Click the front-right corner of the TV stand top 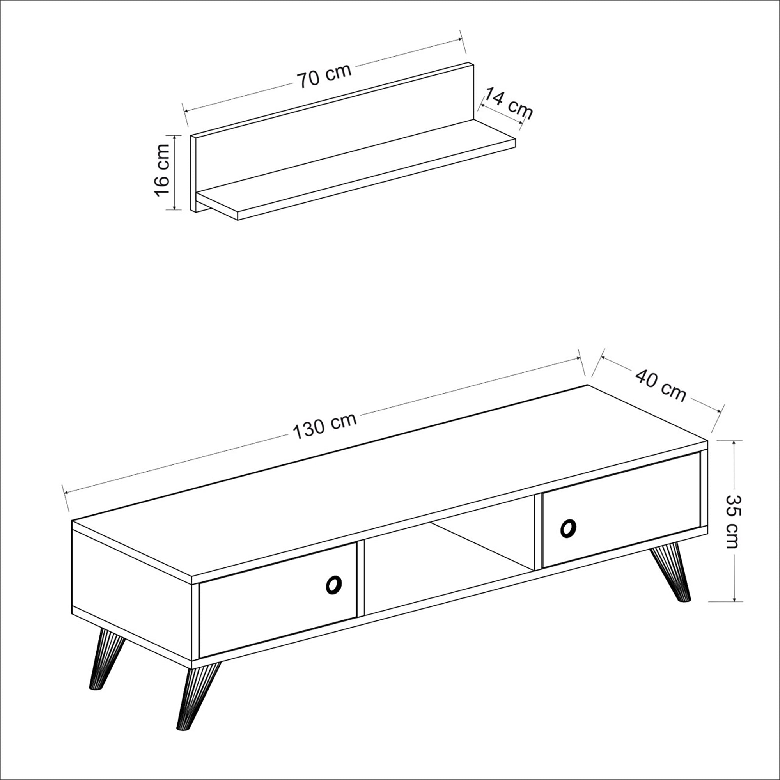point(707,441)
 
